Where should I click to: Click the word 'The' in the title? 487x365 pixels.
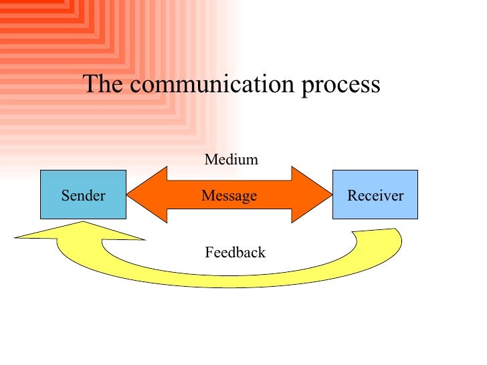[x=101, y=85]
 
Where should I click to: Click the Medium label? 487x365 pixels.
[x=231, y=160]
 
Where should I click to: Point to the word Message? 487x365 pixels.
[x=229, y=196]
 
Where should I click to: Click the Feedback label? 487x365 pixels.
[x=234, y=253]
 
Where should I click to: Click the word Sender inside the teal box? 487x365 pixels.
[x=83, y=196]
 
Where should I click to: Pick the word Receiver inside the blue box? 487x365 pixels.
[x=375, y=196]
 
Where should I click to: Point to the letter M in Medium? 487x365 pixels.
[x=209, y=160]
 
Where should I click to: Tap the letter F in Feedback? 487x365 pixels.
[x=208, y=253]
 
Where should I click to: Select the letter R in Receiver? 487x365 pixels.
[x=352, y=196]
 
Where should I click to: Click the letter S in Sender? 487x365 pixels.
[x=65, y=196]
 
